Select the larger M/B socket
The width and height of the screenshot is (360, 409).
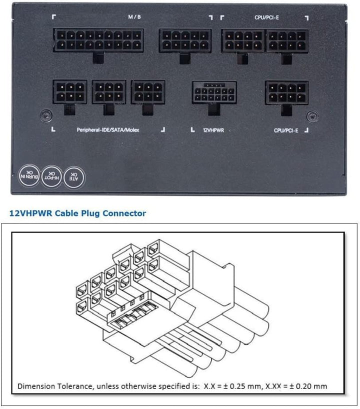(97, 40)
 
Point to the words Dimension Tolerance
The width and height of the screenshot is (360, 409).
(48, 386)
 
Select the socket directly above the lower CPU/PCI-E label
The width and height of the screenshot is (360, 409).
(285, 92)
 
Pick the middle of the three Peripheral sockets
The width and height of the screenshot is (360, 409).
(108, 92)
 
